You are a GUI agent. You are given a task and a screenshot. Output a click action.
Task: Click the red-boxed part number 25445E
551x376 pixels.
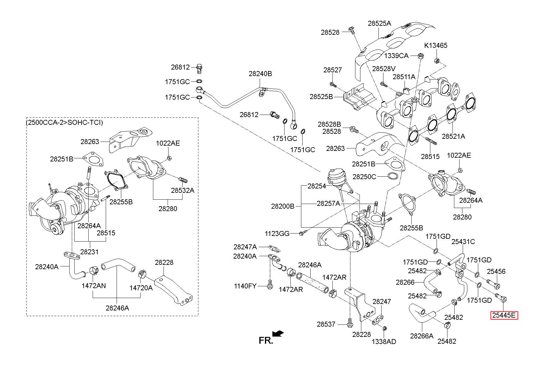(x=504, y=316)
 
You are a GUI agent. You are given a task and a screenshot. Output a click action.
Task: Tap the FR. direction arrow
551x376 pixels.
(x=278, y=333)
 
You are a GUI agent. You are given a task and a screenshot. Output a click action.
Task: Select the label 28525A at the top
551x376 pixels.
(x=379, y=23)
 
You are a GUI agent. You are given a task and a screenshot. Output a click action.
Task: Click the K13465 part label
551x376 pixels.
(x=436, y=45)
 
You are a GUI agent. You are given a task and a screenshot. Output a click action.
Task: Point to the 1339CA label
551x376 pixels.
(x=396, y=56)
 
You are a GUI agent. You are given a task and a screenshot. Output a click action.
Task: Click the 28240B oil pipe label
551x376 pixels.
(x=260, y=74)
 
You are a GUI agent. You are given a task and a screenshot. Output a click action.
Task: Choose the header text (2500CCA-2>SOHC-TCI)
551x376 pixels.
(x=64, y=122)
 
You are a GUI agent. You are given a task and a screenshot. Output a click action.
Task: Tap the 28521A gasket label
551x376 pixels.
(x=453, y=136)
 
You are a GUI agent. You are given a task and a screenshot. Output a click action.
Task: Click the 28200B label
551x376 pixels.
(x=283, y=206)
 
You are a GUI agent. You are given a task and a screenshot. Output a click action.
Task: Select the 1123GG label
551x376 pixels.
(x=277, y=233)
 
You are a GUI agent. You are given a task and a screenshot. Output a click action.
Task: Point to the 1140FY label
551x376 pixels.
(x=245, y=286)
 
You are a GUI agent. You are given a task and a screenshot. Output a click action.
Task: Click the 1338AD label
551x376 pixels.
(x=384, y=342)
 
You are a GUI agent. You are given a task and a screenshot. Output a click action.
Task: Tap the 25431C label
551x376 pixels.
(x=463, y=242)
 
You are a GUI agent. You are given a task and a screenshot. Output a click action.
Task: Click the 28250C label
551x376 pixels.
(x=364, y=177)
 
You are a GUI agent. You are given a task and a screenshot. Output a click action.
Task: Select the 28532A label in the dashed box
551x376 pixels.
(x=183, y=190)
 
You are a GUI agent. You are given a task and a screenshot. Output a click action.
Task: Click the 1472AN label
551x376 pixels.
(x=94, y=286)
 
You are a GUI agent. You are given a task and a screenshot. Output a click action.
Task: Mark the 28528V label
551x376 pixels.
(x=384, y=69)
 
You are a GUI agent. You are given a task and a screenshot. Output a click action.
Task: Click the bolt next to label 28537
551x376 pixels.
(x=350, y=323)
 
